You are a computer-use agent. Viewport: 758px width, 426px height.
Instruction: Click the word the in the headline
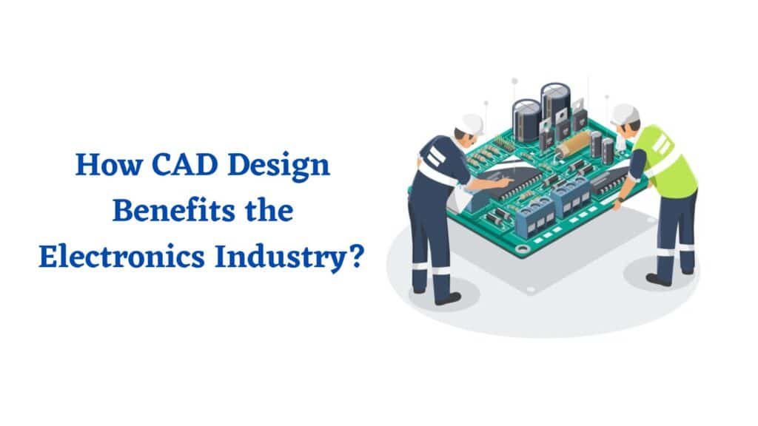(269, 211)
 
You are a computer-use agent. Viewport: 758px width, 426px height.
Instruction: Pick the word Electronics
(122, 257)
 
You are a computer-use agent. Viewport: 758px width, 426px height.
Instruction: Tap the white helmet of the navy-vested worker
(470, 124)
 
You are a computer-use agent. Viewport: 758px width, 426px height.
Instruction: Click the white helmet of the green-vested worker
(624, 115)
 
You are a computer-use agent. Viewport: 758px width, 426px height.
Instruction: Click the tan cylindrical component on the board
(574, 143)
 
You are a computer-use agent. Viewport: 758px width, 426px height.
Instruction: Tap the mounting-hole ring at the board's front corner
(522, 249)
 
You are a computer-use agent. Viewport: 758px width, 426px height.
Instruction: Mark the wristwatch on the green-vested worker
(621, 199)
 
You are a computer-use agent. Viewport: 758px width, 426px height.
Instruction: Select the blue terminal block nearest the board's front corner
(534, 218)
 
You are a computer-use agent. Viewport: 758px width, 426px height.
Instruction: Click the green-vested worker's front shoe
(658, 279)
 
